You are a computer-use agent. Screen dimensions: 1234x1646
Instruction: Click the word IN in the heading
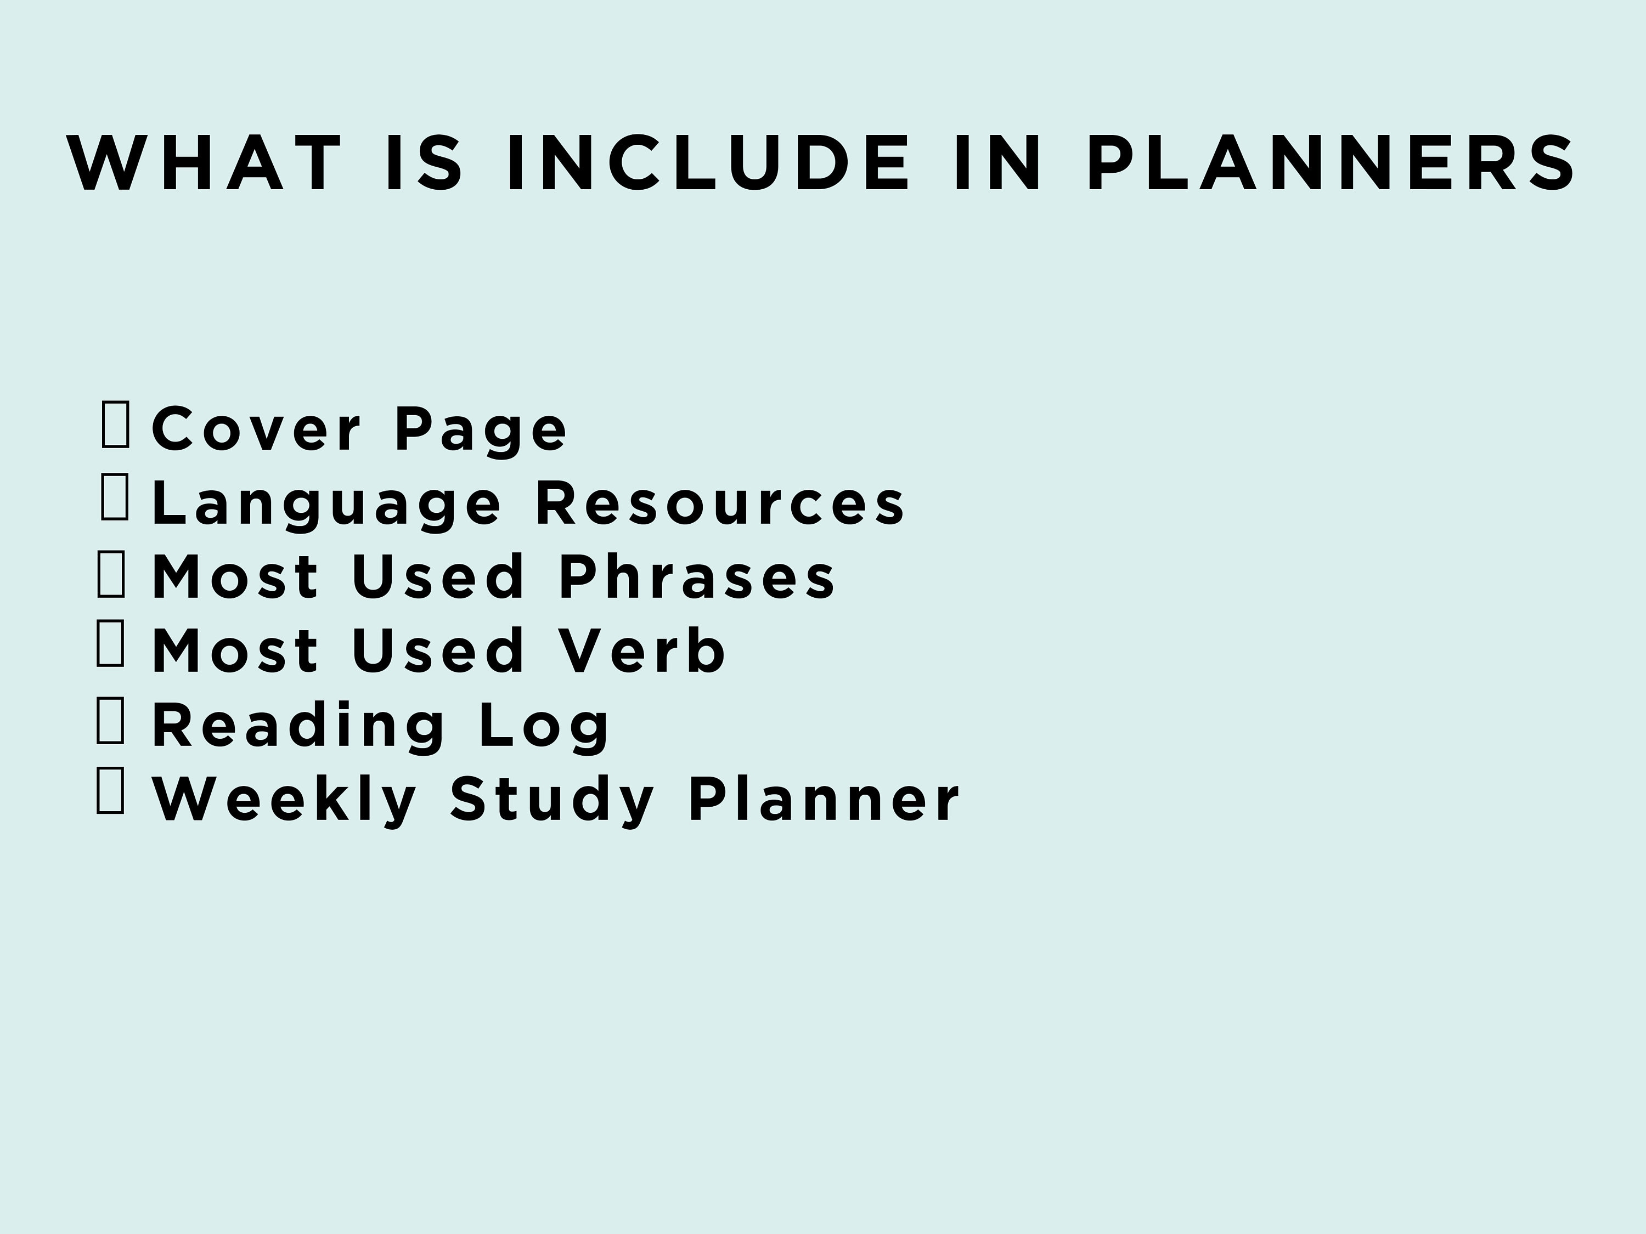997,163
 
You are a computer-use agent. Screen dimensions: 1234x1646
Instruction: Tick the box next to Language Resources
115,497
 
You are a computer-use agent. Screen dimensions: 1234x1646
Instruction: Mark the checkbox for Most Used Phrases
111,574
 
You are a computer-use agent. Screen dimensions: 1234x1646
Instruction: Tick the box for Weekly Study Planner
111,791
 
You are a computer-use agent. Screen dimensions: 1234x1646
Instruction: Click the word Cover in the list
257,429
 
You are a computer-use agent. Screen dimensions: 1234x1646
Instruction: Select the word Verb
641,651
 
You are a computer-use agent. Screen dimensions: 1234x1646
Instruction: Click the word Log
544,727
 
